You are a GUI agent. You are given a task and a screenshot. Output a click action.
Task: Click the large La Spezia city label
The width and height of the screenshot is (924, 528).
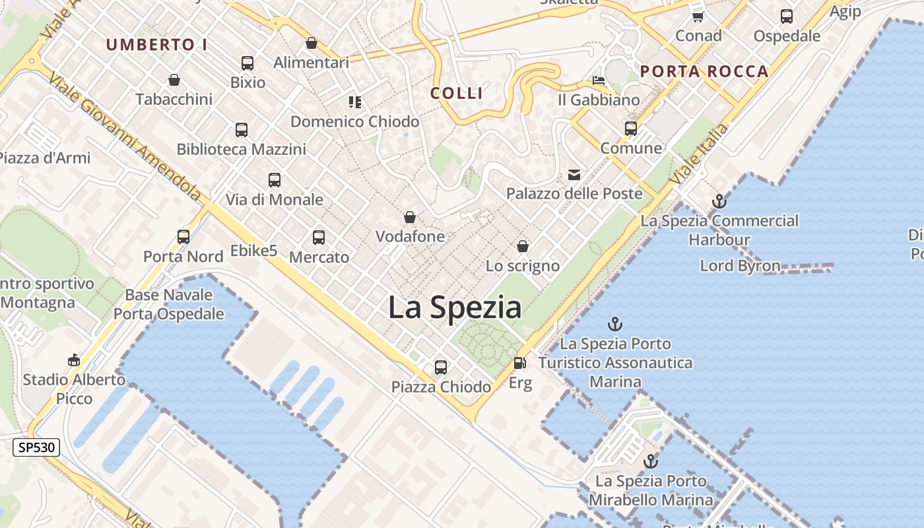(x=455, y=308)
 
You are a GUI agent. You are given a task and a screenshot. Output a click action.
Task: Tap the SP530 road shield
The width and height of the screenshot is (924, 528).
(x=37, y=447)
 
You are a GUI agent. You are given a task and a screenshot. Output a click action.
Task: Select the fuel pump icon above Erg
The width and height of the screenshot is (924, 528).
(x=520, y=363)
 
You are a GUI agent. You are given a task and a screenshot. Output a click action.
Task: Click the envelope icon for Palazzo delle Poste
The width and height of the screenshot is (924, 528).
(x=574, y=175)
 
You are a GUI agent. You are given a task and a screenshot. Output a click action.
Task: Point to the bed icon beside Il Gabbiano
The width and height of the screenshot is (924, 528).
(x=599, y=81)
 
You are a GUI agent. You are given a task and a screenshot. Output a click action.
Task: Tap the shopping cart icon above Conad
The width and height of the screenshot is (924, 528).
(x=698, y=16)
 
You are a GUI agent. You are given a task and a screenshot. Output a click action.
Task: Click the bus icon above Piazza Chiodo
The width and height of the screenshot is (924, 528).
(x=441, y=368)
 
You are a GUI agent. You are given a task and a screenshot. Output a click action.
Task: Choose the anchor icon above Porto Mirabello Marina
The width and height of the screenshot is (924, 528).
(x=651, y=461)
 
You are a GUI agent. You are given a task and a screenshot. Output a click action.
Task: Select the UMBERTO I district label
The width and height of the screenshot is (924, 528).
(x=157, y=45)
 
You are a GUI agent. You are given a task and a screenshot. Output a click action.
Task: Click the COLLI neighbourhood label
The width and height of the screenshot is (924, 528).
(x=457, y=93)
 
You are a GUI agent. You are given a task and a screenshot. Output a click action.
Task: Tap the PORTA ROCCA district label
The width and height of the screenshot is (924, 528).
(x=704, y=71)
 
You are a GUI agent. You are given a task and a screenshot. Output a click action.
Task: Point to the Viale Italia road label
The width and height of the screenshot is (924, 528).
(x=699, y=154)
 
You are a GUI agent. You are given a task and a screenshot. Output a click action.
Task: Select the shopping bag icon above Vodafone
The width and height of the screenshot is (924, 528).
(x=410, y=217)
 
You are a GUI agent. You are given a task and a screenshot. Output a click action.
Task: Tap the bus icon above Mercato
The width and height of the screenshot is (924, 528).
(x=319, y=238)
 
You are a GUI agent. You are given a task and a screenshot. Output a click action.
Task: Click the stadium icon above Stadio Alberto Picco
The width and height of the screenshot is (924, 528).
(x=74, y=360)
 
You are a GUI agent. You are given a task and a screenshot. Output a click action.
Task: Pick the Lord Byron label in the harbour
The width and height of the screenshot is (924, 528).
(x=740, y=266)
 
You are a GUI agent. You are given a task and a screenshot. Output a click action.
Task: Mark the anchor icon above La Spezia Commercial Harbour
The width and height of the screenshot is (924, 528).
(x=719, y=201)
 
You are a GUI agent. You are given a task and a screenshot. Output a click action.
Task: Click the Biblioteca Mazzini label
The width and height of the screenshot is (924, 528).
(x=241, y=149)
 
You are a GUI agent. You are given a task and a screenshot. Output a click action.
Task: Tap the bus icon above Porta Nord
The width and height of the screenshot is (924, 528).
(x=183, y=236)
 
